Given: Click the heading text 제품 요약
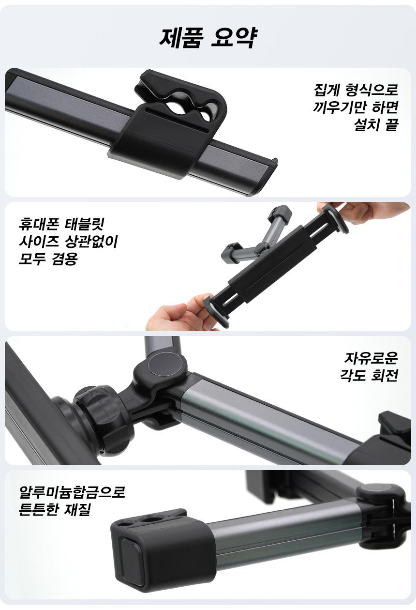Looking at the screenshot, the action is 208,38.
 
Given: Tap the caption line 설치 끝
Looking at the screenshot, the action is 376,125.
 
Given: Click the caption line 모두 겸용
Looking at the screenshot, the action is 48,259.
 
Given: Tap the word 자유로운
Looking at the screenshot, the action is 371,358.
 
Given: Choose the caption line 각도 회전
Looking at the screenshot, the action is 369,376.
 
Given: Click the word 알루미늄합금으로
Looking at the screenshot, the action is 72,492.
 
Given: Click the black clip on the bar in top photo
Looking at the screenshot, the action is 169,122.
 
